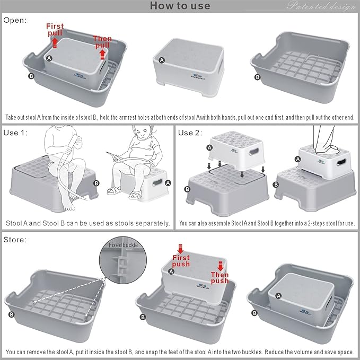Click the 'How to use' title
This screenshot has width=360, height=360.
(x=180, y=6)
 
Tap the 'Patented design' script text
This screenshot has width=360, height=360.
(x=321, y=6)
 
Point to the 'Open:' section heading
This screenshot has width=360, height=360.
(x=15, y=20)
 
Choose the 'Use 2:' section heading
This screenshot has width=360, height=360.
(x=190, y=132)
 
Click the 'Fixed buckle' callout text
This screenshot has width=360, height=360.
(x=123, y=245)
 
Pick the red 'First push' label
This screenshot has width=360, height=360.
(x=181, y=258)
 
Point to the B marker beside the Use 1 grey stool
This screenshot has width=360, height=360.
(x=96, y=183)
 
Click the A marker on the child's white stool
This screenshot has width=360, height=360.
(x=168, y=183)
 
